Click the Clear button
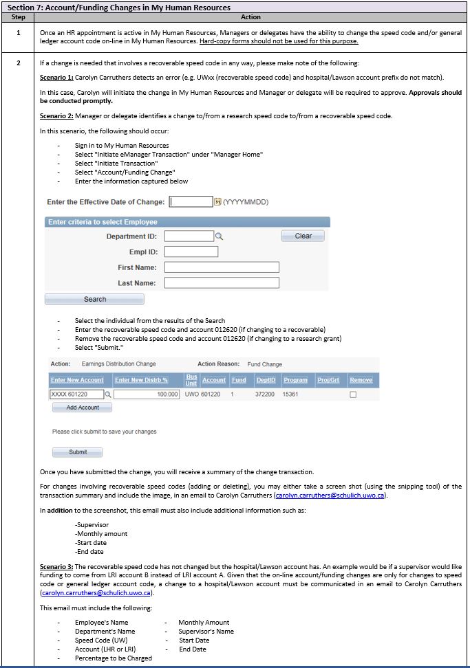click(x=303, y=236)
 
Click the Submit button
click(x=78, y=452)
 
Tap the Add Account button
click(x=83, y=408)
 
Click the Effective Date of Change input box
click(x=191, y=202)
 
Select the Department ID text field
click(x=189, y=236)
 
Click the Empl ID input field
click(x=191, y=252)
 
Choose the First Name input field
click(x=222, y=267)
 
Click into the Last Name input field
click(x=222, y=283)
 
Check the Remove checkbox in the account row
click(x=353, y=395)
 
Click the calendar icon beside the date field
click(x=217, y=202)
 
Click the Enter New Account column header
click(x=77, y=380)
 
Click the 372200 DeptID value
click(x=265, y=394)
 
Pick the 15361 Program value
click(x=292, y=394)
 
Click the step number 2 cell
click(x=19, y=62)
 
